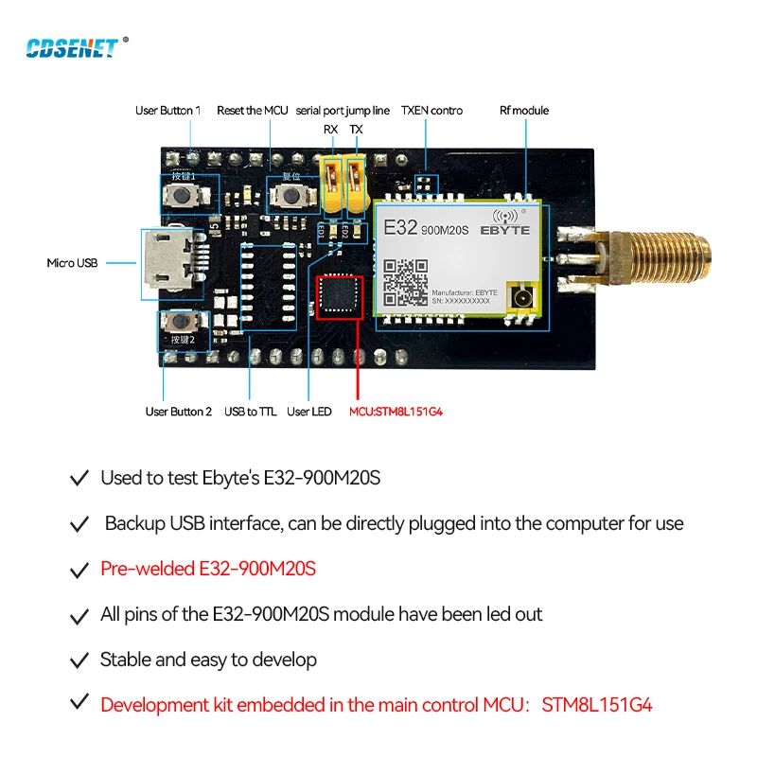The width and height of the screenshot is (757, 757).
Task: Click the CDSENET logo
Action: [x=72, y=46]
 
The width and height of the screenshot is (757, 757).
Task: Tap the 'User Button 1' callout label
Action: [x=167, y=111]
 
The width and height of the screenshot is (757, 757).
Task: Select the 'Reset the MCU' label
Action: [x=253, y=111]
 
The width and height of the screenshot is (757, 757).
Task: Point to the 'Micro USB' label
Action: [x=72, y=262]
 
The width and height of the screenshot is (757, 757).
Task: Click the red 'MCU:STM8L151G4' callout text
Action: [x=396, y=412]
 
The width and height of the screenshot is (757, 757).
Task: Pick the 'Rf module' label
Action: [x=524, y=111]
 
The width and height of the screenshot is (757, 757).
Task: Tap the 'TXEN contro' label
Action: [x=431, y=111]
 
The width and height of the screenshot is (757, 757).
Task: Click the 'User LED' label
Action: [x=309, y=412]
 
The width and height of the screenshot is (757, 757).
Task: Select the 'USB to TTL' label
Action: [x=250, y=412]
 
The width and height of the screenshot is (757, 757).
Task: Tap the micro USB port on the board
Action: [x=167, y=262]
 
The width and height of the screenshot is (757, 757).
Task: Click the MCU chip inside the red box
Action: [x=338, y=296]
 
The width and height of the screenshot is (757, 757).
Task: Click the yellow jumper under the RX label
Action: [x=331, y=182]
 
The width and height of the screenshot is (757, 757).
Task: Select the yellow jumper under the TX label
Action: [x=355, y=182]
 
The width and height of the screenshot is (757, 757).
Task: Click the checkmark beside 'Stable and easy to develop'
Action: [x=79, y=660]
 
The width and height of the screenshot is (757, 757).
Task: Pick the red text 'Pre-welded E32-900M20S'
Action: [x=208, y=570]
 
